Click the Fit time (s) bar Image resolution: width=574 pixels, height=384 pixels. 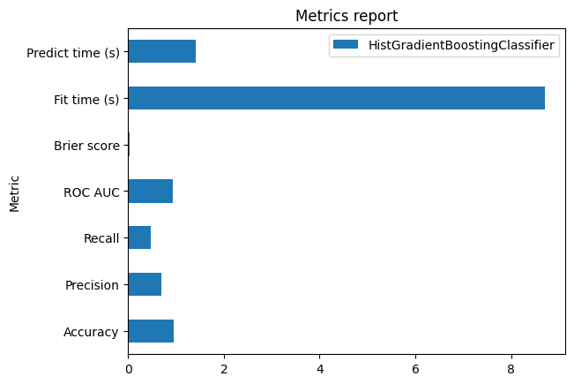336,98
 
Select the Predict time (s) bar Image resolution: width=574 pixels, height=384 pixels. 161,51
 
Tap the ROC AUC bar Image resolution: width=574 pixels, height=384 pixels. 150,191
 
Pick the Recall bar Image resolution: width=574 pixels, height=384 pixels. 139,237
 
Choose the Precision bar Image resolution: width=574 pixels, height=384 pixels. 145,284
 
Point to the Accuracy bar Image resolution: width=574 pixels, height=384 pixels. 151,331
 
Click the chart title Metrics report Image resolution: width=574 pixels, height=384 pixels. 346,16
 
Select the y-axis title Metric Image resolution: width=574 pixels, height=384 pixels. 15,192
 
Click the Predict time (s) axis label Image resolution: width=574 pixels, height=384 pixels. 73,52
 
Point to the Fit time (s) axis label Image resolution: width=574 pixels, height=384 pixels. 86,99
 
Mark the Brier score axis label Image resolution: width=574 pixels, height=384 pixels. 86,146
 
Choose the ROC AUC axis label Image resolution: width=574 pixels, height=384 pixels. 91,192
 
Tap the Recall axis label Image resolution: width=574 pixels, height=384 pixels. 101,238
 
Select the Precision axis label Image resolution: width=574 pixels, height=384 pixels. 92,285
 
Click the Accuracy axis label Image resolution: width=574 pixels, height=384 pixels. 91,332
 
